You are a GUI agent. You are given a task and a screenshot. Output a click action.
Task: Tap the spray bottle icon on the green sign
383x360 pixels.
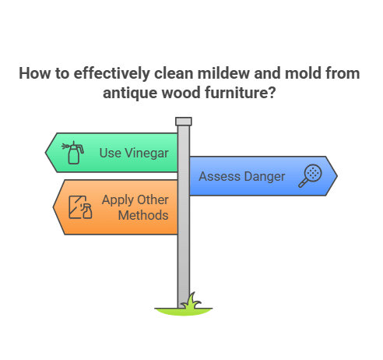(74, 152)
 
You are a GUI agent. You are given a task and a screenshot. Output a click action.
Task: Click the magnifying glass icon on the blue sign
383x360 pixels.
(312, 175)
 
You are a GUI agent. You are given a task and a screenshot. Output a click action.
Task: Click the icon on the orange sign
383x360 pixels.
(80, 207)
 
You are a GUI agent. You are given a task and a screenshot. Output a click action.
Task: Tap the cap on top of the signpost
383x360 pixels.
(184, 121)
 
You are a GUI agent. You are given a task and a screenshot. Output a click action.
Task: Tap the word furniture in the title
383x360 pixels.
(244, 91)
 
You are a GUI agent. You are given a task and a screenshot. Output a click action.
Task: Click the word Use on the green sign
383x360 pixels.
(110, 152)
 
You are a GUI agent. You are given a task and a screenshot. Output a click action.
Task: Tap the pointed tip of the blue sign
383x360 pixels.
(336, 176)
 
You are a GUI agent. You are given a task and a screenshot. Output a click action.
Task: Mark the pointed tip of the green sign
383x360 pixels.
(47, 152)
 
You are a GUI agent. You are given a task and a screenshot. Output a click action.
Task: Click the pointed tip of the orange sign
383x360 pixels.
(54, 207)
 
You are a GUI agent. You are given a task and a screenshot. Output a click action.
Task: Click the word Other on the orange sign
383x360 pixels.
(153, 200)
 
